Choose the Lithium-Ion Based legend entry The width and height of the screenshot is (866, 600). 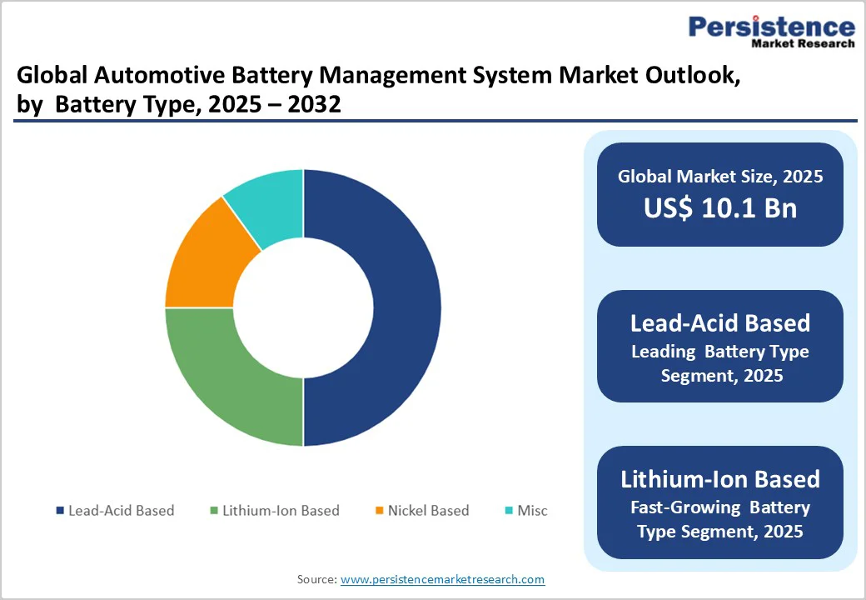(274, 510)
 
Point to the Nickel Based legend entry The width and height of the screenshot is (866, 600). (422, 510)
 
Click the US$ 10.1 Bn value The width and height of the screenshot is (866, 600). (720, 208)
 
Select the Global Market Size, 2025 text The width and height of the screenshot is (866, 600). (720, 176)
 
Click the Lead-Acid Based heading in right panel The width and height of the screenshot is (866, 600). (720, 322)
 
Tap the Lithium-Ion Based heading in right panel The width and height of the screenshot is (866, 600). (720, 479)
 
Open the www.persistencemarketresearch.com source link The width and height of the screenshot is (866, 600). (442, 579)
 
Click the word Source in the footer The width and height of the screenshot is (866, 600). (316, 579)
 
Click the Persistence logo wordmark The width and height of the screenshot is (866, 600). (771, 26)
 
